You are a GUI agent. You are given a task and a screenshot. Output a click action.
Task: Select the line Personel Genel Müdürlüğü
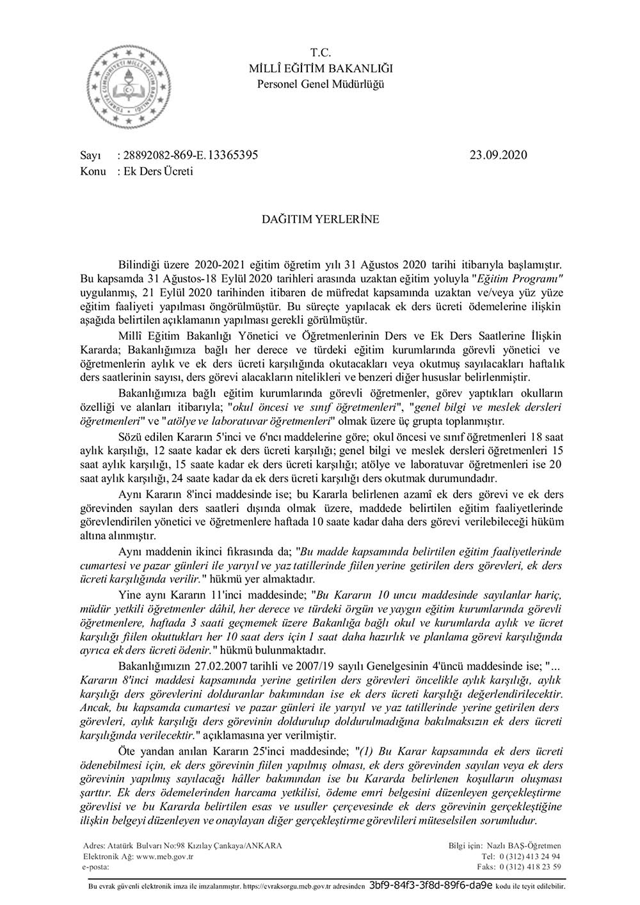[321, 83]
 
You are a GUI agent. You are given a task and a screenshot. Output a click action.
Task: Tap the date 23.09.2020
[497, 156]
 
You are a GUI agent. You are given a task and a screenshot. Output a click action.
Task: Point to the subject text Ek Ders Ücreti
[150, 172]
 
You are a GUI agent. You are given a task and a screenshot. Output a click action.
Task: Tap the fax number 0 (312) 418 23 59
[530, 867]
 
